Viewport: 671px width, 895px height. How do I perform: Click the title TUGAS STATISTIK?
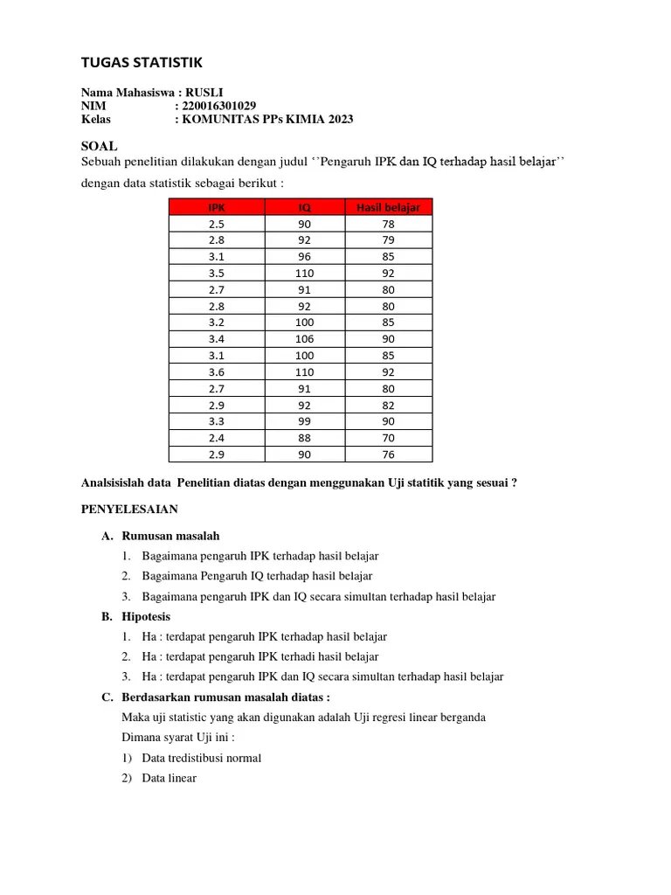pyautogui.click(x=142, y=62)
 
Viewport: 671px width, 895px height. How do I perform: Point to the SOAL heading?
pyautogui.click(x=99, y=146)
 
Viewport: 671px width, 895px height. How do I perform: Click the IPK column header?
pyautogui.click(x=217, y=207)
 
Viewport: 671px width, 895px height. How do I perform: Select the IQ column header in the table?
pyautogui.click(x=305, y=207)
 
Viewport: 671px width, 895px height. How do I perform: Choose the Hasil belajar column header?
pyautogui.click(x=388, y=207)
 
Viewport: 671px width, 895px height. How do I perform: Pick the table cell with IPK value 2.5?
pyautogui.click(x=217, y=224)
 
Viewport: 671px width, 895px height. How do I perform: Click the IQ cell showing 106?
pyautogui.click(x=305, y=339)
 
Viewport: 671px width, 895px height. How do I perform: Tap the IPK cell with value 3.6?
pyautogui.click(x=217, y=372)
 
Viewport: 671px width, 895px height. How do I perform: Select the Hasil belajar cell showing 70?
pyautogui.click(x=388, y=438)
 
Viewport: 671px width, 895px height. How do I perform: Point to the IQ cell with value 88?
pyautogui.click(x=305, y=438)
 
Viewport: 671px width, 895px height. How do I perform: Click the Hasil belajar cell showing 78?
pyautogui.click(x=388, y=224)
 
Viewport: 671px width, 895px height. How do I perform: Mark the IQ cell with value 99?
pyautogui.click(x=305, y=421)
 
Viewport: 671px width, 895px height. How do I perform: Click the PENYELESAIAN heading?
pyautogui.click(x=129, y=509)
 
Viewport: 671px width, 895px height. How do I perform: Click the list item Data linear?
pyautogui.click(x=169, y=778)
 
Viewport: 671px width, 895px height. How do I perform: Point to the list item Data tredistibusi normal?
pyautogui.click(x=201, y=758)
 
